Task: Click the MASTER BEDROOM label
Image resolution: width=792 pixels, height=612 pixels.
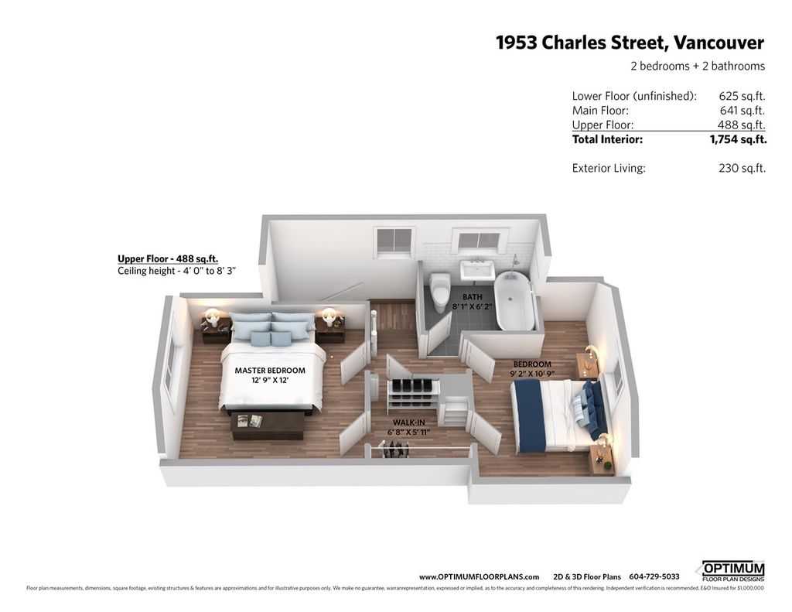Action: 270,371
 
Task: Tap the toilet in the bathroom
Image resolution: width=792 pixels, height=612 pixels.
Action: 440,292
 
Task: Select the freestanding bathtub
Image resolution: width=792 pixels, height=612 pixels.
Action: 514,301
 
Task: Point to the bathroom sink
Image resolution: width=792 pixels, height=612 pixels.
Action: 476,270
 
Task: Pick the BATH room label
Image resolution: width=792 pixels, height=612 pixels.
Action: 473,296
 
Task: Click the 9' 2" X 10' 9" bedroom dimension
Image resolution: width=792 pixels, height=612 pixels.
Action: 532,374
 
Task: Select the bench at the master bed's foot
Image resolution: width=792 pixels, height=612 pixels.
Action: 268,424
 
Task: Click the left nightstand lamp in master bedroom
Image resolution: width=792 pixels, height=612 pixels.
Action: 212,316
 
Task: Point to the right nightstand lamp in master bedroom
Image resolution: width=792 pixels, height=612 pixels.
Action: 329,316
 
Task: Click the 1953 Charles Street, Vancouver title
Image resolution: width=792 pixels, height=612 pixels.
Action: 630,43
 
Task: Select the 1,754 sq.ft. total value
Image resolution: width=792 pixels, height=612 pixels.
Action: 738,140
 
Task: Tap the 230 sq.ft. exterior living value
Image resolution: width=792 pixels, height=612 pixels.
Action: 742,168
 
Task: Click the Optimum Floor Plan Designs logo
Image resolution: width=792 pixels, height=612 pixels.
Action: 732,571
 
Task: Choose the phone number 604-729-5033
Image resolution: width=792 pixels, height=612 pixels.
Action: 654,576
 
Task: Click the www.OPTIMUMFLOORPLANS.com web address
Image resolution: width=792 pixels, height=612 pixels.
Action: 479,576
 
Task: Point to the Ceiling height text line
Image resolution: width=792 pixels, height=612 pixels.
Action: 176,272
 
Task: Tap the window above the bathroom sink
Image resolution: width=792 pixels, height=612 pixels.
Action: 478,241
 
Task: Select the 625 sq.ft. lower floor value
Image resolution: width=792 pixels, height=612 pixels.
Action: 742,97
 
